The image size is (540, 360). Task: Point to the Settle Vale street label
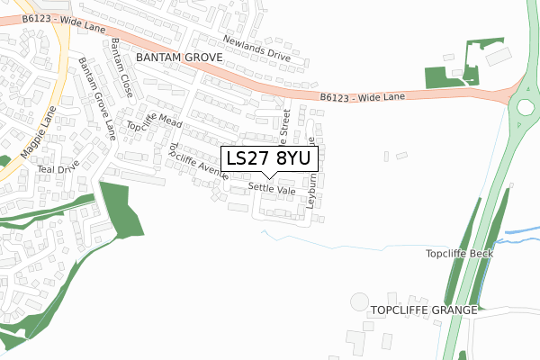coord(272,190)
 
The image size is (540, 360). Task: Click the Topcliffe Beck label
coord(459,254)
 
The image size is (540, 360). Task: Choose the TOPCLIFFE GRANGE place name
coord(422,310)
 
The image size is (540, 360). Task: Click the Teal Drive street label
coord(58,167)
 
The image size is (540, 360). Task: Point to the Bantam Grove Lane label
coord(97,99)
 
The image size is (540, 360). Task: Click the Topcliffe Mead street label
coord(155,132)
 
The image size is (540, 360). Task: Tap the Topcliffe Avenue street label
coord(198,159)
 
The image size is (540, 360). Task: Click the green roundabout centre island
coord(527,110)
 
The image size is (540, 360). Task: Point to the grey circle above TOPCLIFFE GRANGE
coord(359,300)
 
